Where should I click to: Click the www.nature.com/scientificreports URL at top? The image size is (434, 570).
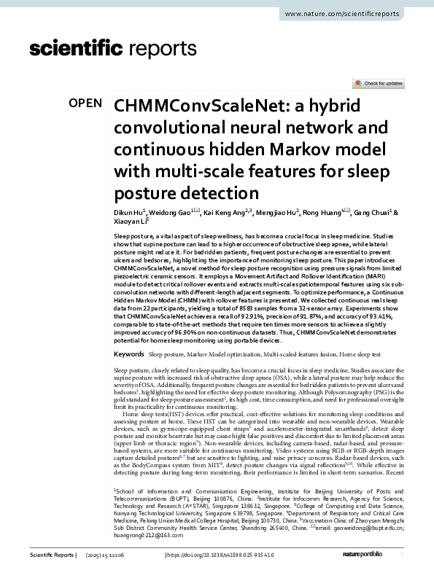tap(353, 15)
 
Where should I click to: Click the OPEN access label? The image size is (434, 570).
tap(85, 104)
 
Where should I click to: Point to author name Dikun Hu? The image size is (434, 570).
tap(128, 213)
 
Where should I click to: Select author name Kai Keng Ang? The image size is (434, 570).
tap(221, 213)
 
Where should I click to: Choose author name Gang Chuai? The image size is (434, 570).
tap(371, 213)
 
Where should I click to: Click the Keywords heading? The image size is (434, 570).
tap(129, 354)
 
